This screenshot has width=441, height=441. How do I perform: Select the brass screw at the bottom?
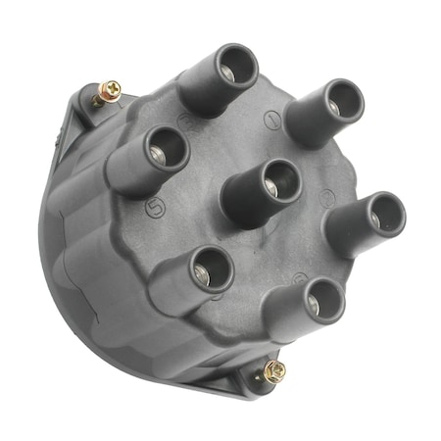[x=274, y=370]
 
